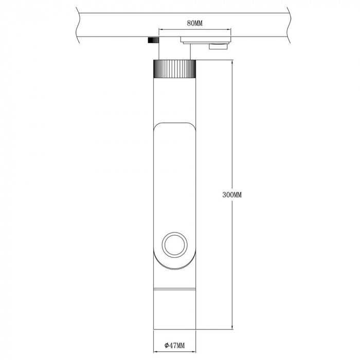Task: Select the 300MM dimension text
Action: click(x=231, y=195)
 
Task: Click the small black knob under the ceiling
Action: click(x=152, y=40)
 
